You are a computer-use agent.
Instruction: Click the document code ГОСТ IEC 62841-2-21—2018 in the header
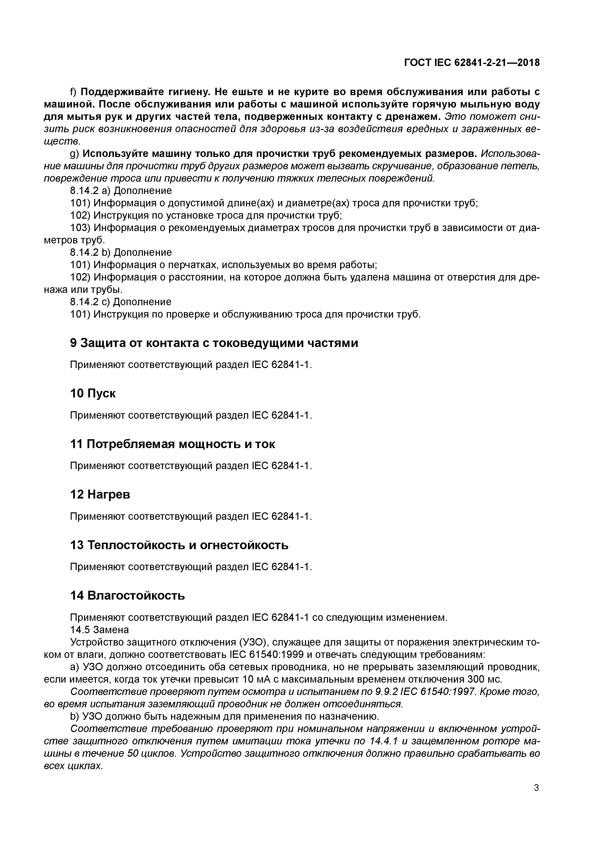tap(472, 63)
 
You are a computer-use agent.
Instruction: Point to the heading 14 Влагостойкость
tap(128, 595)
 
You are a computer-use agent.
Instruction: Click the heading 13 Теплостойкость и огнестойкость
tap(179, 545)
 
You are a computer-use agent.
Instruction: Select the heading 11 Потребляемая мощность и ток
tap(173, 444)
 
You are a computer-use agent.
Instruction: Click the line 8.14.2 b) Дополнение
tap(121, 252)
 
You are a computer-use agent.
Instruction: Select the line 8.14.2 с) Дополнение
tap(121, 302)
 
